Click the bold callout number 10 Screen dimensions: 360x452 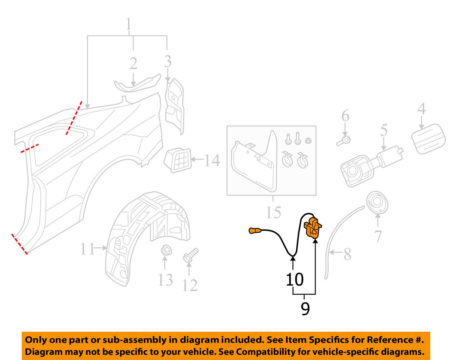294,280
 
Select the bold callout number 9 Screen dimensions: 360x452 305,309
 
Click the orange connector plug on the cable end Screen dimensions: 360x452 255,231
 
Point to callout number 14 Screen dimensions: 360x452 212,160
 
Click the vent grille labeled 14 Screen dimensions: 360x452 178,160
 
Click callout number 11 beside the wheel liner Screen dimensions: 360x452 87,249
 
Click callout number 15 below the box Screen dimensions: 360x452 273,212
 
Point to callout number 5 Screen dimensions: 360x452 384,130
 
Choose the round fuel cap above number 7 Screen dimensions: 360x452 377,203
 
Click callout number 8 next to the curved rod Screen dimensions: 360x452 347,254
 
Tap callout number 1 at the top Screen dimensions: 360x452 129,24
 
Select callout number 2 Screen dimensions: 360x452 133,64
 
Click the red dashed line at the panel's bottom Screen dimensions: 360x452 20,244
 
